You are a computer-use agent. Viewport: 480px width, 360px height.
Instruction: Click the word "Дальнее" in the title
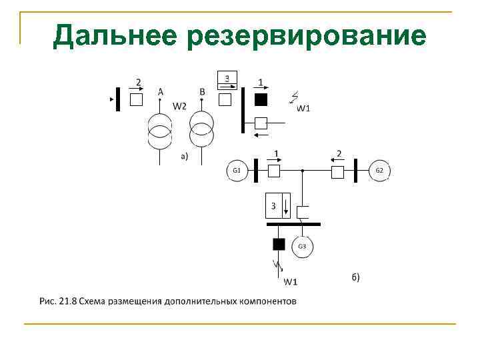click(x=114, y=35)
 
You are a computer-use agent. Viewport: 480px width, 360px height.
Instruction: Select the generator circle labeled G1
click(x=236, y=171)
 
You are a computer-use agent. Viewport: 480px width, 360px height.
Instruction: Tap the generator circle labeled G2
click(x=379, y=171)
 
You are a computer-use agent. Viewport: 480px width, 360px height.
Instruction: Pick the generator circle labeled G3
click(x=301, y=247)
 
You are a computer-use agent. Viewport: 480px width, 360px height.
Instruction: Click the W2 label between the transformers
click(x=180, y=105)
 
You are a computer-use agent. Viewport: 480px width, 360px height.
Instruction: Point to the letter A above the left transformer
click(x=160, y=91)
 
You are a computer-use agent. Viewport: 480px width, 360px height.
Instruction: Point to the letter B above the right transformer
click(x=202, y=91)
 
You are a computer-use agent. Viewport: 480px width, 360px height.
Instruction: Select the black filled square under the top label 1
click(x=261, y=99)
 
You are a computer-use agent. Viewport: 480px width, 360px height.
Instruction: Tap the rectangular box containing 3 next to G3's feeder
click(x=278, y=205)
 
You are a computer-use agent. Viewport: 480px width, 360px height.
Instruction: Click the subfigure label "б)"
click(x=355, y=277)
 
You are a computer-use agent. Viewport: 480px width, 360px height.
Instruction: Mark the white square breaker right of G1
click(x=274, y=171)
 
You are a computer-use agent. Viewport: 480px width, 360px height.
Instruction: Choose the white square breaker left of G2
click(x=337, y=172)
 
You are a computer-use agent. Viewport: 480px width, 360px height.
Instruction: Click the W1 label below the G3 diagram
click(x=290, y=281)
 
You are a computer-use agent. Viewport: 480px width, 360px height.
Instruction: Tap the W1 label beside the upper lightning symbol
click(x=304, y=109)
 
